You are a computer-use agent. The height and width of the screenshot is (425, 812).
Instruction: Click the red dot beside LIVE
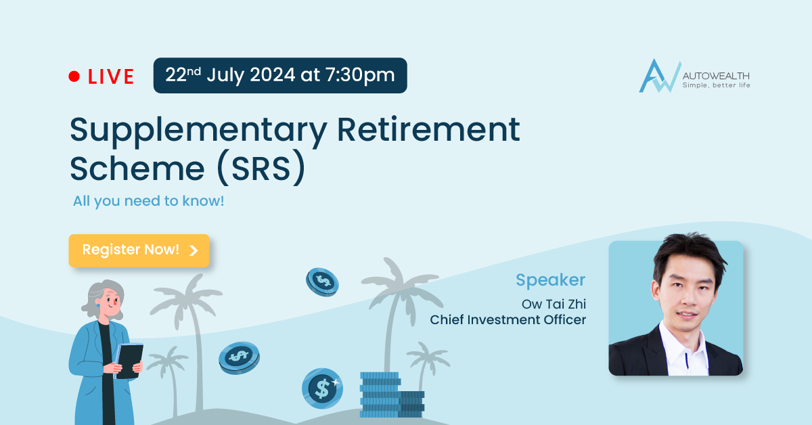[74, 76]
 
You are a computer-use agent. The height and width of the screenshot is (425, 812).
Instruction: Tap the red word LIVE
[111, 76]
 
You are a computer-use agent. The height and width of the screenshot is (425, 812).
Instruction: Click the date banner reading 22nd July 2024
[280, 75]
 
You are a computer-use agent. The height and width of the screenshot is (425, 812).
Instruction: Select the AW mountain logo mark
[659, 76]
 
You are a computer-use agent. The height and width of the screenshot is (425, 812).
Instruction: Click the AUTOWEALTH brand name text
[716, 76]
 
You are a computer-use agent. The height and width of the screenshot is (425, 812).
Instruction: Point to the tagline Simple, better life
[717, 85]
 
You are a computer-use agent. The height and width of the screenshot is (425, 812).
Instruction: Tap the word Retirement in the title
[428, 129]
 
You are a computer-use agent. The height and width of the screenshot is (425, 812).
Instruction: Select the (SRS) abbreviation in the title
[261, 168]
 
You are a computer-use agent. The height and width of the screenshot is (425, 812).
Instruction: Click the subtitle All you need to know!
[149, 201]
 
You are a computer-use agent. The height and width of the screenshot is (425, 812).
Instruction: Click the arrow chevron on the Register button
[194, 250]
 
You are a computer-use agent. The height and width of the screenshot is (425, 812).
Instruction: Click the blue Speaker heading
[551, 280]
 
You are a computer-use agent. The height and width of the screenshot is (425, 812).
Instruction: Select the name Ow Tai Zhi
[554, 304]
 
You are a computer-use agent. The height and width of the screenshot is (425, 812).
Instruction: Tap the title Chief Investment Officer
[508, 320]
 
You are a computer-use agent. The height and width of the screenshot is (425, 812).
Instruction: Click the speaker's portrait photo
[676, 308]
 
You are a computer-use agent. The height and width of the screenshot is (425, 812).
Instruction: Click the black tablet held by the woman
[129, 361]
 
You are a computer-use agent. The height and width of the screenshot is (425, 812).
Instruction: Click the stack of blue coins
[392, 395]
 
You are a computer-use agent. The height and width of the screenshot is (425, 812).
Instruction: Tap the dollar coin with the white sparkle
[322, 388]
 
